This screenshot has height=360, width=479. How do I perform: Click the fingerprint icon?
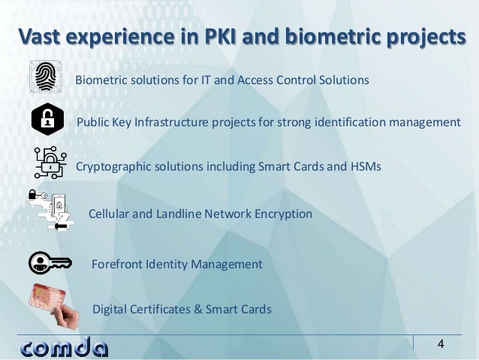click(x=47, y=77)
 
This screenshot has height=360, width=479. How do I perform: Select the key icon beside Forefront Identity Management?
click(x=50, y=264)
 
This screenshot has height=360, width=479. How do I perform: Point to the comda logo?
click(x=65, y=347)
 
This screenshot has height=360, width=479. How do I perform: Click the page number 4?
click(x=441, y=345)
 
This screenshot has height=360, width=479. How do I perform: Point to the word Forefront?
click(x=117, y=265)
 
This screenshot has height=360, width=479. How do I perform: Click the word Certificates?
click(x=162, y=309)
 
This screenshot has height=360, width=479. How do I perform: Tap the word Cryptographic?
click(x=114, y=167)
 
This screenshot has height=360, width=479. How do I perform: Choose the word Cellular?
click(x=110, y=214)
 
